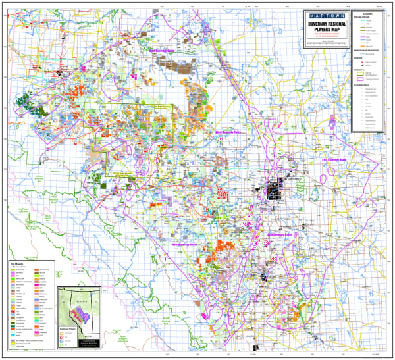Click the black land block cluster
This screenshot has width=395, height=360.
pos(275,190)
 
